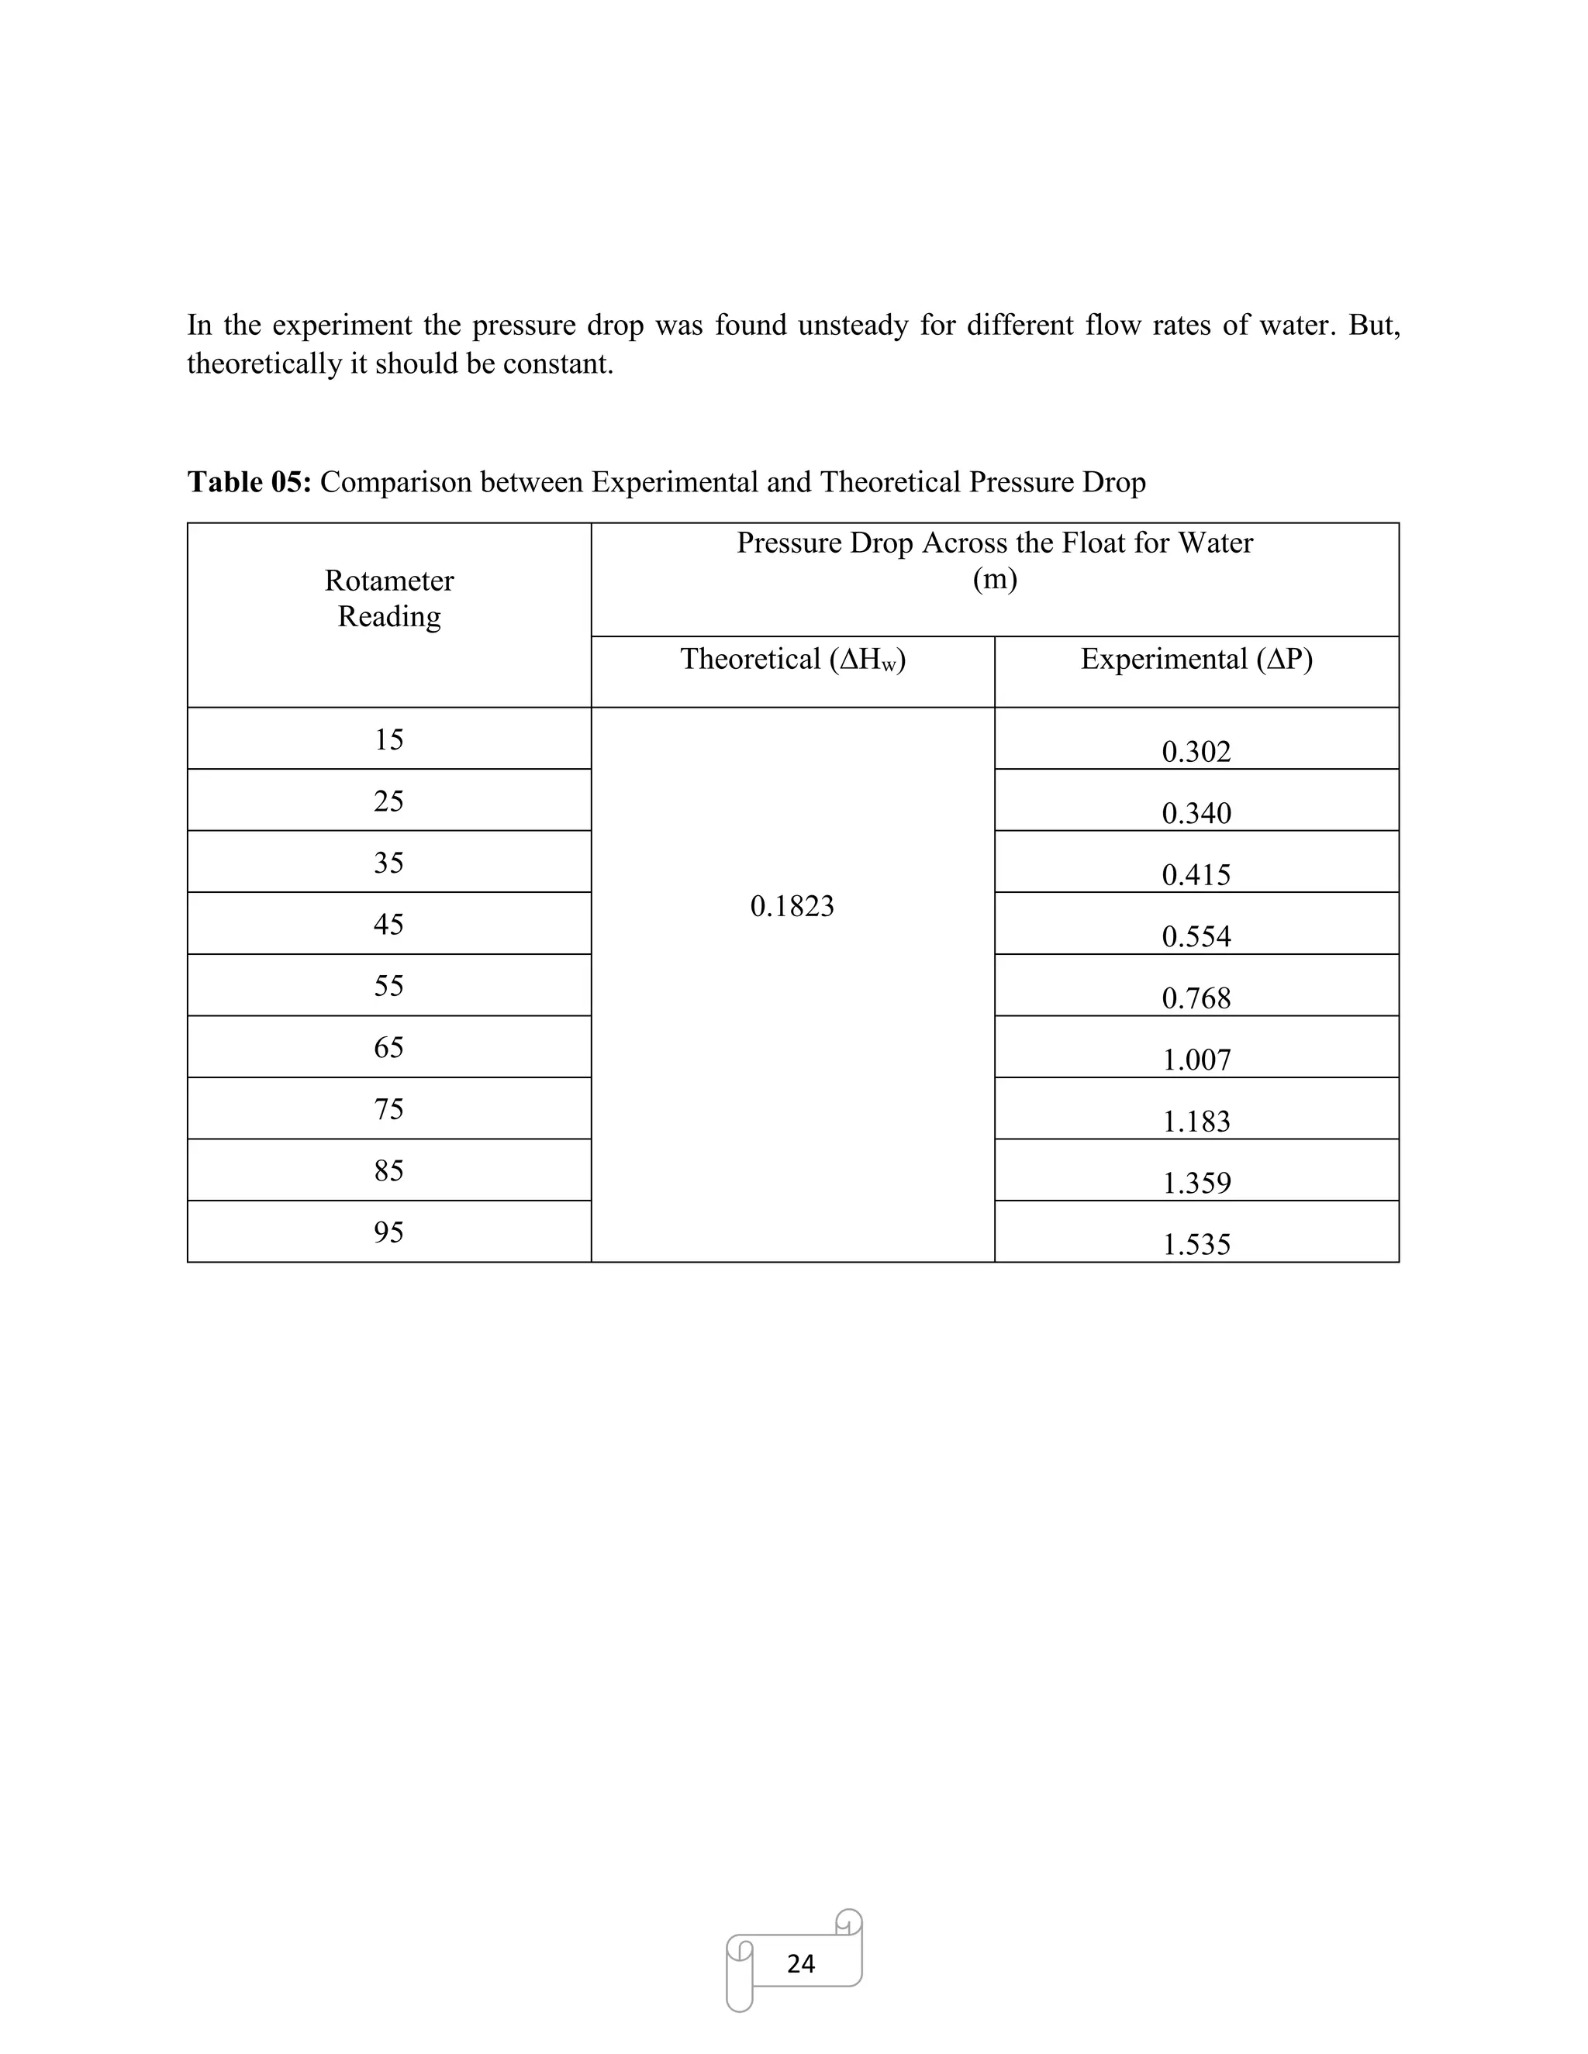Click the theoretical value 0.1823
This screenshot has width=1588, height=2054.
792,905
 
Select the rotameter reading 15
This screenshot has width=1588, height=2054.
388,739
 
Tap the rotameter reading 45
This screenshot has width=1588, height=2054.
388,924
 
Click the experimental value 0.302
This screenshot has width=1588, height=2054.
1196,751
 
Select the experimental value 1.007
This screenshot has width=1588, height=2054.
1196,1060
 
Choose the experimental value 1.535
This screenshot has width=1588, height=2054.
1196,1244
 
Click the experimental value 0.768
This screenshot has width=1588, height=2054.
1196,998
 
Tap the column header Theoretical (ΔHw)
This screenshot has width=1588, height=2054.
792,660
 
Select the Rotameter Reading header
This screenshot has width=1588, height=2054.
388,598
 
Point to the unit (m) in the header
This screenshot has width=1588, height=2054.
994,578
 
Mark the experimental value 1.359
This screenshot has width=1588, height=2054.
1196,1182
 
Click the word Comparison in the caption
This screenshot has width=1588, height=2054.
396,481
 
